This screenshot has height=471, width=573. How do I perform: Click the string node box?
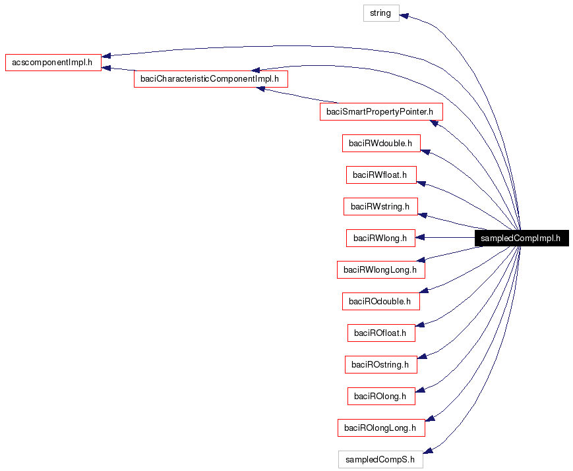tap(381, 13)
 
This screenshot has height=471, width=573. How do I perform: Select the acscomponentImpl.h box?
tap(53, 63)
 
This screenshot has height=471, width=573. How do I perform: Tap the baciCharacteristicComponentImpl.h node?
tap(211, 79)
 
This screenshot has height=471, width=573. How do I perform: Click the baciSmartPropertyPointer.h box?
tap(380, 111)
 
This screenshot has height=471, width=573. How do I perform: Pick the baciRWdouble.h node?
tap(381, 143)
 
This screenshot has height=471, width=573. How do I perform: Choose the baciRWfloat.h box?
tap(381, 175)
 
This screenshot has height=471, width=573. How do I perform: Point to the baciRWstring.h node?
tap(380, 206)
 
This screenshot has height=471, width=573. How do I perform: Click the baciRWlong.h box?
tap(380, 238)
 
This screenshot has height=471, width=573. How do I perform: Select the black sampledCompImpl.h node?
tap(521, 238)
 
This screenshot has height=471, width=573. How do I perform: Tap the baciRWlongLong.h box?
tap(380, 269)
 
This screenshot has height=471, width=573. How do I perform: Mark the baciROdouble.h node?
tap(380, 301)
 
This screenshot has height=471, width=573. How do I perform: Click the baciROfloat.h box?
tap(381, 333)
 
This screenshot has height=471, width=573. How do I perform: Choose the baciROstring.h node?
tap(380, 364)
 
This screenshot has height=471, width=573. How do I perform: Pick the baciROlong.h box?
tap(381, 396)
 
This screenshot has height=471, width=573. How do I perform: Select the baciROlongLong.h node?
tap(380, 428)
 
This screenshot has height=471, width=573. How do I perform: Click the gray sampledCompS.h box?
tap(380, 459)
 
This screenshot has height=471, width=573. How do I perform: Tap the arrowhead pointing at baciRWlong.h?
tap(421, 238)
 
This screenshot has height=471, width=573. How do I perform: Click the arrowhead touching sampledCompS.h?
tap(427, 451)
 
